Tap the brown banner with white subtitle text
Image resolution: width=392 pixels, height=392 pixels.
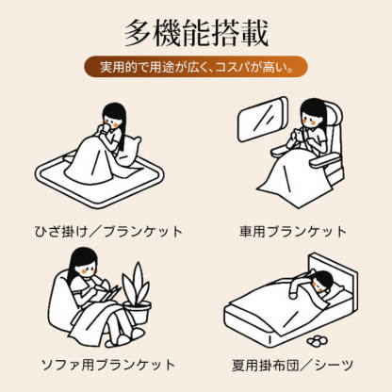click(x=196, y=69)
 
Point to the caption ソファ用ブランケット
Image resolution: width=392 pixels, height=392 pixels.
click(x=104, y=364)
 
